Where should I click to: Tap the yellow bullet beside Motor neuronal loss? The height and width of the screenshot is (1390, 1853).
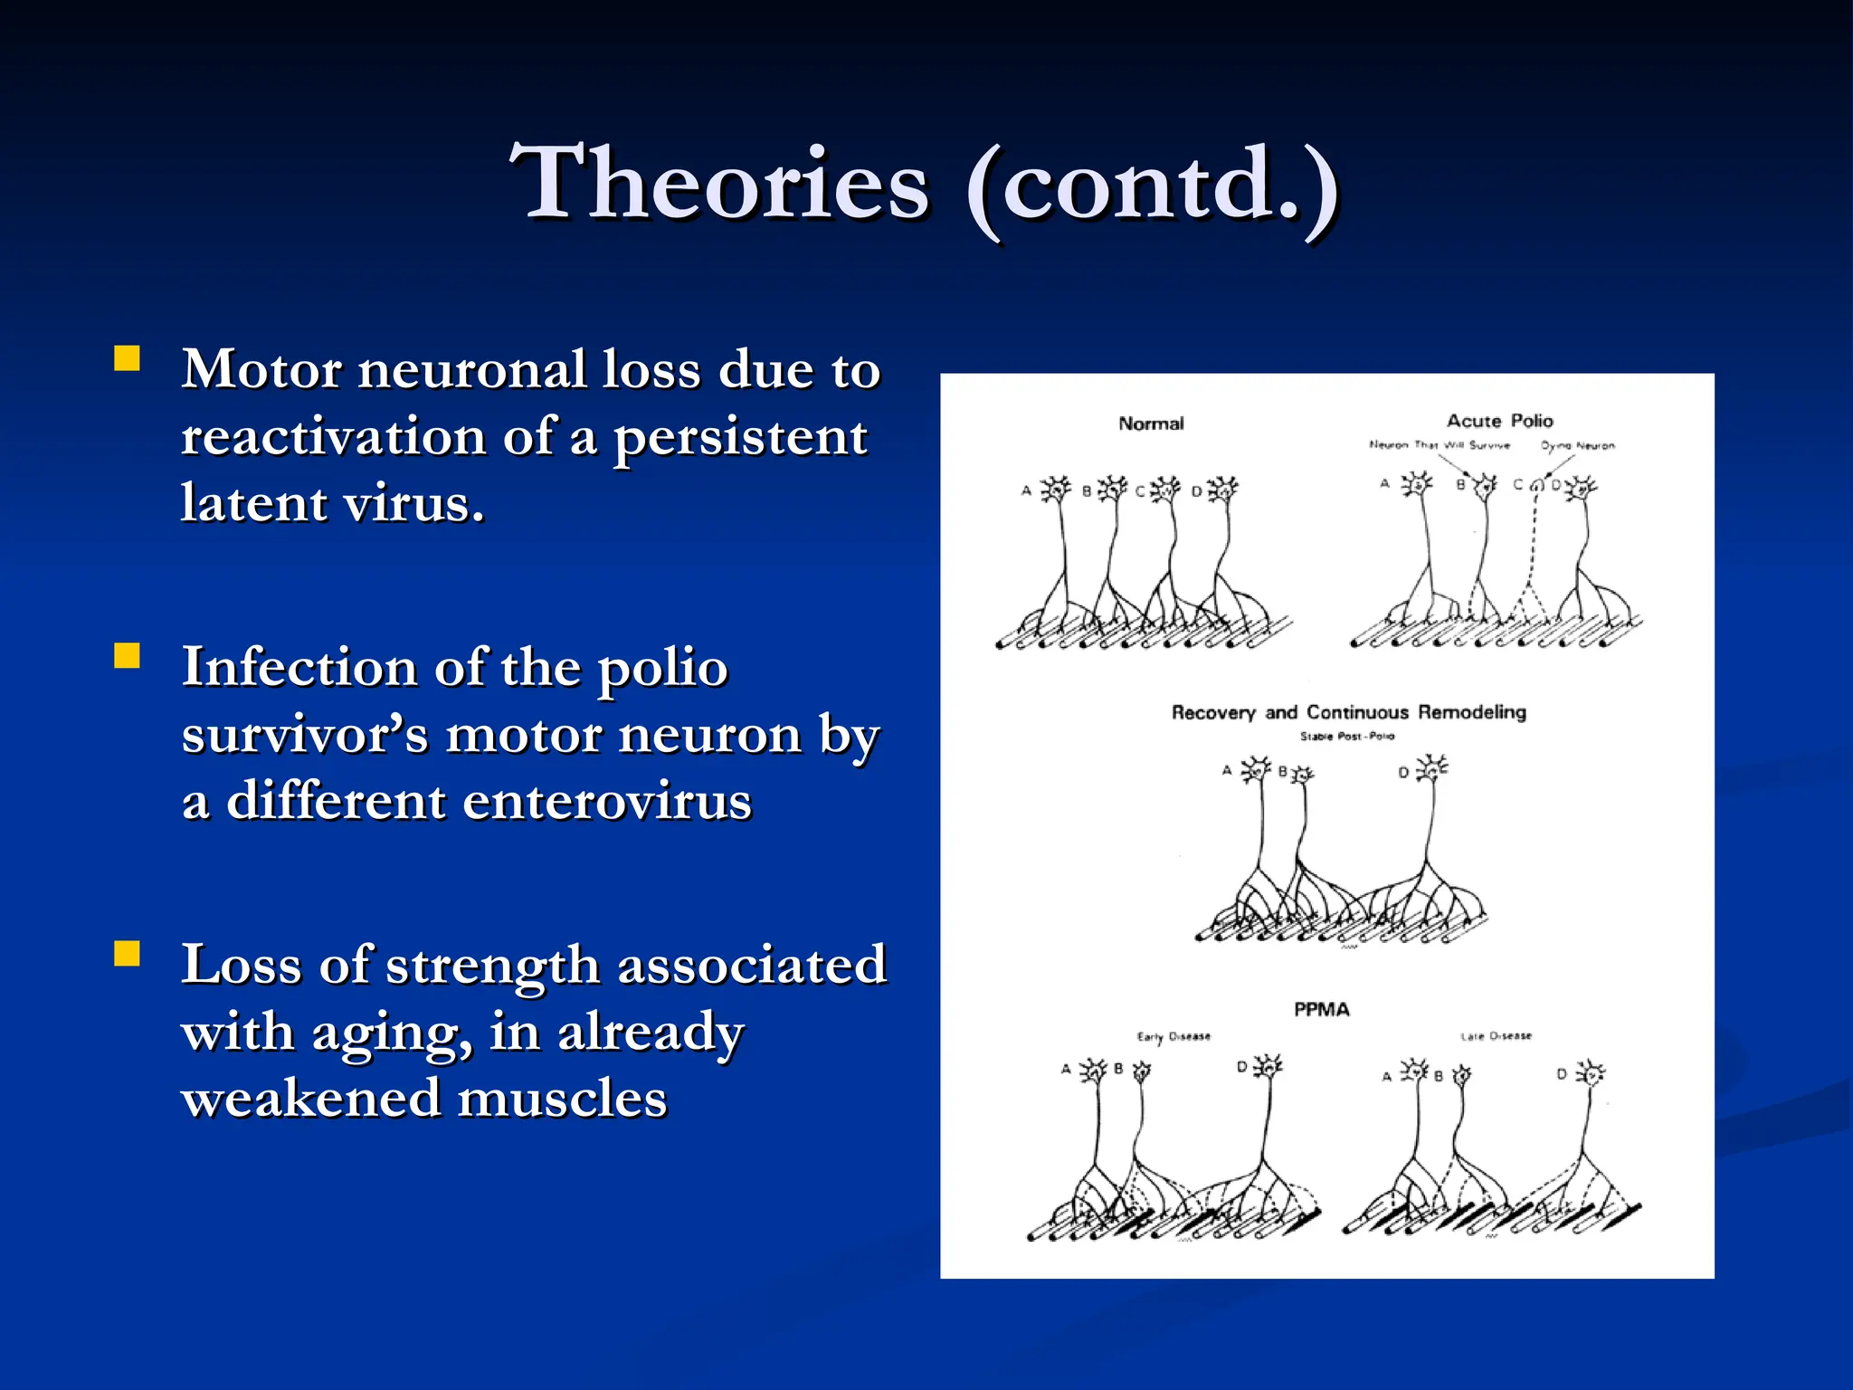click(128, 359)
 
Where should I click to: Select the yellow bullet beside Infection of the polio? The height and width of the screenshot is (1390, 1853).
click(128, 655)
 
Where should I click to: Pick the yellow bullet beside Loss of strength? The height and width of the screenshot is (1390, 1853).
click(128, 954)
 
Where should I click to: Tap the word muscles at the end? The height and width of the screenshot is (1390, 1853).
click(562, 1100)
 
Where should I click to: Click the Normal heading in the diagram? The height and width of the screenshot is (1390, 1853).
click(1151, 424)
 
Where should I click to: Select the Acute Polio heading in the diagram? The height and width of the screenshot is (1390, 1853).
click(1499, 421)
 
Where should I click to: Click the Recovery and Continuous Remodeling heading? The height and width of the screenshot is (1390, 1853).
click(1348, 712)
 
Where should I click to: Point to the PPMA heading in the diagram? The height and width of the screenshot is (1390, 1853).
click(1321, 1009)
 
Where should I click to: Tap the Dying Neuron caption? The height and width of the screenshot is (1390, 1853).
click(1577, 445)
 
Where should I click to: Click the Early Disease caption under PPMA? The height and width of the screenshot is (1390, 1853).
click(1174, 1036)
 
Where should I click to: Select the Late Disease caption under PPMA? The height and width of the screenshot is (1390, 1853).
click(1496, 1035)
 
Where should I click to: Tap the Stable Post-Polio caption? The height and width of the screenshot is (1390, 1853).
click(1346, 737)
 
